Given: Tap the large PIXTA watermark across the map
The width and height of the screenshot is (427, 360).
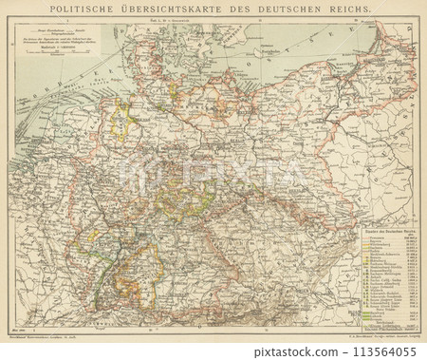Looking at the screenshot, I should click(x=213, y=176).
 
